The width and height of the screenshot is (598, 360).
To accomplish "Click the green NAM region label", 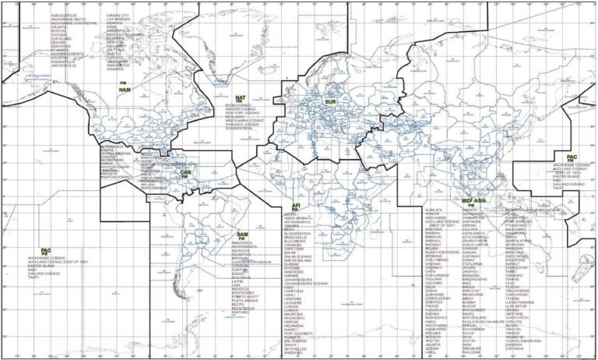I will [125, 90].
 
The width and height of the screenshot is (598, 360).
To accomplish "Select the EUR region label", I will [330, 102].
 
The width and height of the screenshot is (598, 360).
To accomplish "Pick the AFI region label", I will [296, 205].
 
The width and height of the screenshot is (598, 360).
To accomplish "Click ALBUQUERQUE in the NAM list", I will [64, 15].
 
